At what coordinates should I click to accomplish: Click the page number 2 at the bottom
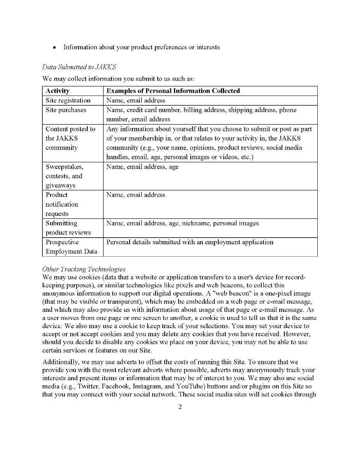pos(180,407)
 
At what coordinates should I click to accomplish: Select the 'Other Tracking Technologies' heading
pos(84,269)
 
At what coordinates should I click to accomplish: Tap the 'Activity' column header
pos(57,91)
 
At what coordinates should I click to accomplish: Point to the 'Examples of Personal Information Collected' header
pos(173,91)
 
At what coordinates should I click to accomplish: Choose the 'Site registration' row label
pos(68,101)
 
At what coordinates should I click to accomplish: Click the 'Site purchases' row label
pos(66,110)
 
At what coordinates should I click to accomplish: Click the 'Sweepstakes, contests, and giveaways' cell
pos(64,176)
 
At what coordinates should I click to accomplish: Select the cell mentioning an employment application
pos(190,242)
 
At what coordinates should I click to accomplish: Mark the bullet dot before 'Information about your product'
pos(55,47)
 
